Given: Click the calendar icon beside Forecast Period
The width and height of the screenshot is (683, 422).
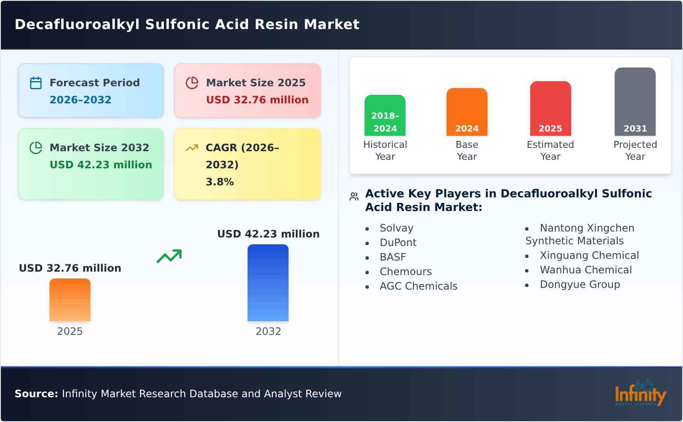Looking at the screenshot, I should tap(36, 83).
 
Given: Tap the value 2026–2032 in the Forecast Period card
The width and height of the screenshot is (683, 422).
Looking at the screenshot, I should tap(80, 100).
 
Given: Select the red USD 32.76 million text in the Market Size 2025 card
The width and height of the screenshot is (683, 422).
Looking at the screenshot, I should tap(257, 100).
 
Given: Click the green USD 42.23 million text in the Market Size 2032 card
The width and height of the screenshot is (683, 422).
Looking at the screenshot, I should tap(101, 165).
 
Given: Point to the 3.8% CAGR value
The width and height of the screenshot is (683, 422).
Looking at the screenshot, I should tap(219, 182).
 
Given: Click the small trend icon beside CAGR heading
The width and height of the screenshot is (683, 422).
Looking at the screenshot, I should tap(192, 148).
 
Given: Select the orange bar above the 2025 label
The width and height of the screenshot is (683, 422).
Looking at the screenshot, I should tap(70, 300).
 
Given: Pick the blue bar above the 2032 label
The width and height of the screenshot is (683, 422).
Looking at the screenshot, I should tap(268, 283).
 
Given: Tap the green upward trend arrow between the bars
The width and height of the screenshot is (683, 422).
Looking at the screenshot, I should tap(169, 256).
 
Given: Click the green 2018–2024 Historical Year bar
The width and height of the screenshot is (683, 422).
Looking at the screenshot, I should tap(385, 115).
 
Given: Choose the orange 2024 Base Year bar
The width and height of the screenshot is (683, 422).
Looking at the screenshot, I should tap(467, 112).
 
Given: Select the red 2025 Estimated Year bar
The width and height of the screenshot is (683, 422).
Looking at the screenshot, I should tap(550, 108).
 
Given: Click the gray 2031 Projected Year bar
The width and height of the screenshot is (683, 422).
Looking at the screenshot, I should tap(635, 102).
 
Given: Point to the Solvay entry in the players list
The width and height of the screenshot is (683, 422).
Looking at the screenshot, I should tap(397, 228).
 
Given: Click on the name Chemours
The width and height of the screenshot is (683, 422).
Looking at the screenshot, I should tap(406, 272).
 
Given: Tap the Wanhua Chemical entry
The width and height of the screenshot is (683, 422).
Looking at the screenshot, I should tap(586, 270).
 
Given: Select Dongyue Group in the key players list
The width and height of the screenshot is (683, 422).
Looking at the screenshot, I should tap(580, 284).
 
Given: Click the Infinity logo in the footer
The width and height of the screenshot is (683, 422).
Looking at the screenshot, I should tap(640, 393).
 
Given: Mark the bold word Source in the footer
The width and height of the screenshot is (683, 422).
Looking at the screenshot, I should tap(36, 394).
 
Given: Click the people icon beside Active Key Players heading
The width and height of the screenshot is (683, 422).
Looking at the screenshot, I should tap(354, 196).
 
